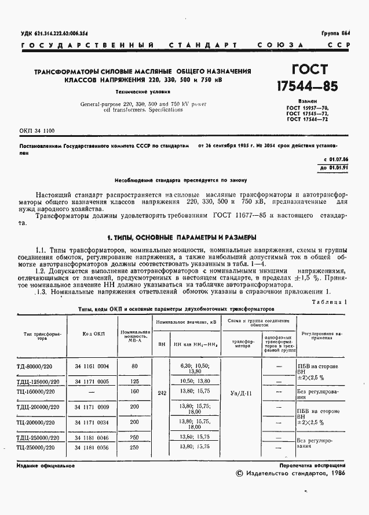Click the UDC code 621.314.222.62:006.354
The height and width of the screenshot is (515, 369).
coord(58,34)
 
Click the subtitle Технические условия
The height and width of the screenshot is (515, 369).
coord(143,92)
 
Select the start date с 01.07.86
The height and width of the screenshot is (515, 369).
coord(335,159)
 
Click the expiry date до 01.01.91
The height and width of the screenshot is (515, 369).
coord(335,168)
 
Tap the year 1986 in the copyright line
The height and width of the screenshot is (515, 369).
coord(338,473)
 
